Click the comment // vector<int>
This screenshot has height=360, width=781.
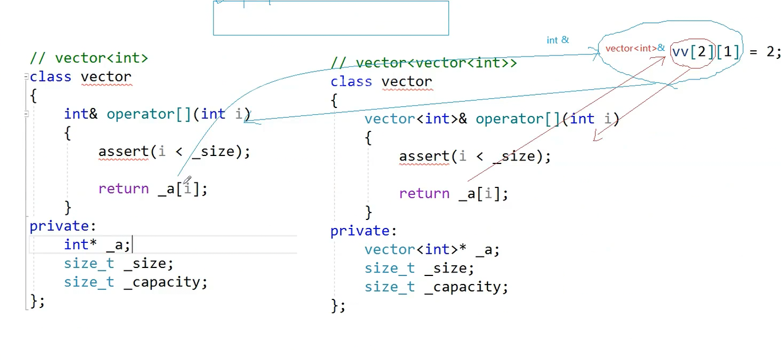pyautogui.click(x=89, y=58)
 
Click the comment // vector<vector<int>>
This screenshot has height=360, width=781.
pyautogui.click(x=423, y=63)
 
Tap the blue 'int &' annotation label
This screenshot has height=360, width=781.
pyautogui.click(x=558, y=40)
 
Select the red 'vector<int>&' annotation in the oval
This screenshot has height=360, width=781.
pyautogui.click(x=635, y=49)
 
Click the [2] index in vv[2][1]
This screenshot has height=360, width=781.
pyautogui.click(x=700, y=52)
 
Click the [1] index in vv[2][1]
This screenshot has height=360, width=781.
pyautogui.click(x=727, y=52)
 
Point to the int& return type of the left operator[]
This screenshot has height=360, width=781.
pyautogui.click(x=81, y=114)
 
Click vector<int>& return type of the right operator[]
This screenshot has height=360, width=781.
pyautogui.click(x=415, y=119)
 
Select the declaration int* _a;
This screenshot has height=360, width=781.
pyautogui.click(x=97, y=245)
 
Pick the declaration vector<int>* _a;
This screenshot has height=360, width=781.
pyautogui.click(x=432, y=250)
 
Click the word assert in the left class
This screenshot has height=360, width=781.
pyautogui.click(x=123, y=151)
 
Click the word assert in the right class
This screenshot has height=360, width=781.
pyautogui.click(x=424, y=157)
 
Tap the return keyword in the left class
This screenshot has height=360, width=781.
pyautogui.click(x=123, y=189)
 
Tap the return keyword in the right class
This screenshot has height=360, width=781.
pyautogui.click(x=424, y=194)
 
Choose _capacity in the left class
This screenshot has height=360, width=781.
pyautogui.click(x=165, y=282)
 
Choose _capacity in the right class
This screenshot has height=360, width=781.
pyautogui.click(x=466, y=287)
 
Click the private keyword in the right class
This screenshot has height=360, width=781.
pyautogui.click(x=363, y=231)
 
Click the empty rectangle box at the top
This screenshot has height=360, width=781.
pyautogui.click(x=331, y=18)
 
